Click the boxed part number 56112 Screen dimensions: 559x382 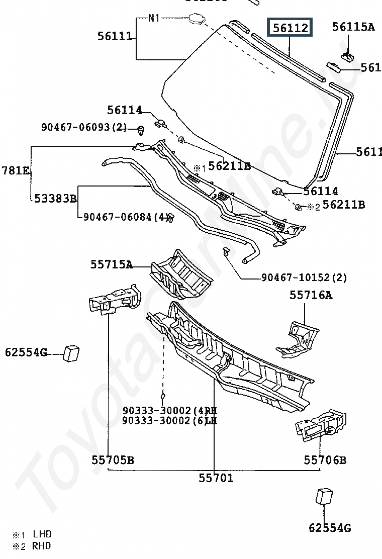[290, 29]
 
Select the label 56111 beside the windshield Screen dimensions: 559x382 [115, 36]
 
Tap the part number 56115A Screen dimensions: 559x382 [353, 27]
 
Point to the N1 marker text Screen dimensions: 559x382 [154, 19]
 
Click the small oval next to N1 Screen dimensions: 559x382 [196, 19]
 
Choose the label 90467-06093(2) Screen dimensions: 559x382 [84, 127]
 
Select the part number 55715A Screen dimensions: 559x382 [112, 264]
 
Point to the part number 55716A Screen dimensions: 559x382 [311, 295]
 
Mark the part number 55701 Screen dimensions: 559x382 [216, 478]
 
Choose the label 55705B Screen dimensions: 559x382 [113, 459]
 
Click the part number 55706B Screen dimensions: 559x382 [325, 459]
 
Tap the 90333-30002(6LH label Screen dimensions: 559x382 [169, 421]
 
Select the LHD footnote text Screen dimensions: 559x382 [42, 534]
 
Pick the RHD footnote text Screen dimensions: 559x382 [42, 546]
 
